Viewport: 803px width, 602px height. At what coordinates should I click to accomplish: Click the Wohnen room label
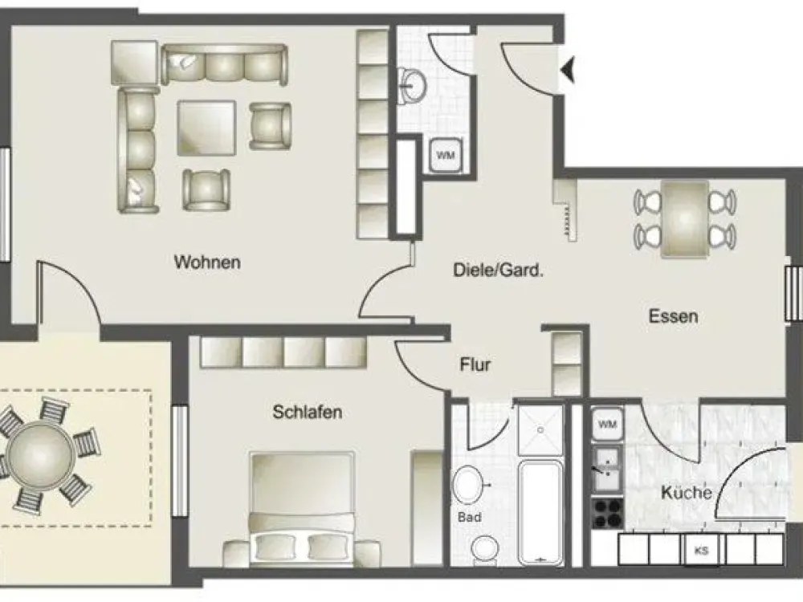tap(207, 262)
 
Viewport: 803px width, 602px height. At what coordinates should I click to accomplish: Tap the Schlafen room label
tap(308, 412)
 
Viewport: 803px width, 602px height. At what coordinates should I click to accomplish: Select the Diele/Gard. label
tap(498, 270)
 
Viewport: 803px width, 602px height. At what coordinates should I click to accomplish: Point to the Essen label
tap(674, 315)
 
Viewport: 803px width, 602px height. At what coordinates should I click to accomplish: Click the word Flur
tap(475, 365)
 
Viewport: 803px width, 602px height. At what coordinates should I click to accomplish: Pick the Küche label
tap(687, 493)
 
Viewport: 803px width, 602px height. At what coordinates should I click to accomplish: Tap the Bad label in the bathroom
tap(469, 517)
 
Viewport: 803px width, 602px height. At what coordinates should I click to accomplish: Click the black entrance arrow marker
tap(568, 70)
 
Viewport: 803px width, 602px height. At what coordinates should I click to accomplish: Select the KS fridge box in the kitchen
tap(702, 551)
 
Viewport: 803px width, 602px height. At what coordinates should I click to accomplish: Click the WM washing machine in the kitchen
tap(607, 424)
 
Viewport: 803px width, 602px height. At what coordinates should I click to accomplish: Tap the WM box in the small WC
tap(446, 155)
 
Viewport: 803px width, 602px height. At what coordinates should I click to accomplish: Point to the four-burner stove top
tap(607, 514)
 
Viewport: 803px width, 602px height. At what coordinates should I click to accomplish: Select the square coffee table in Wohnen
tap(206, 128)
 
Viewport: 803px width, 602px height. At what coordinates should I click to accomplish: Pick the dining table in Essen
tap(685, 219)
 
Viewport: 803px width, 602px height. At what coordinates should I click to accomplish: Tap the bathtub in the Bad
tap(540, 512)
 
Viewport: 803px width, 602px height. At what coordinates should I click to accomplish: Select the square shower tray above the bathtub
tap(540, 430)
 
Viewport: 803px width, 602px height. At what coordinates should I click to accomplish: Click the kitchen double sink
tap(607, 469)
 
